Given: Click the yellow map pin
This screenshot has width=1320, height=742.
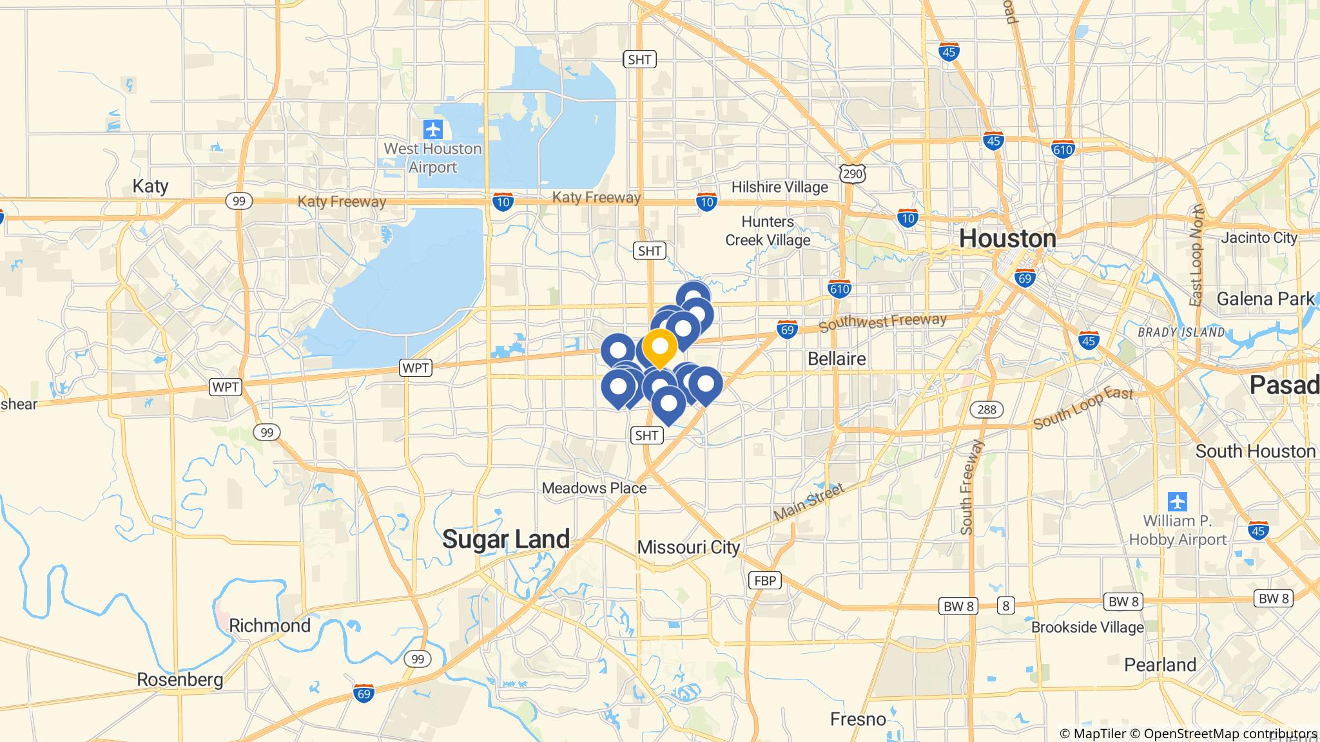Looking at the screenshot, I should click(659, 347).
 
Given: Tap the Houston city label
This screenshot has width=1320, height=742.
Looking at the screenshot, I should click(1007, 239).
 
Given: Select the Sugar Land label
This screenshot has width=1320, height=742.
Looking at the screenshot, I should click(506, 539).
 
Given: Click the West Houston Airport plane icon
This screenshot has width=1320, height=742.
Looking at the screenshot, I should click(433, 129).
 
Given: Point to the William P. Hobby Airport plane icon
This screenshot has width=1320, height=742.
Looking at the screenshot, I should click(1177, 500).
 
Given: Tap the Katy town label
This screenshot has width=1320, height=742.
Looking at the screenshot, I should click(150, 186).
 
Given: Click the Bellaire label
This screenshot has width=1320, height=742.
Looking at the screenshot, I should click(837, 359).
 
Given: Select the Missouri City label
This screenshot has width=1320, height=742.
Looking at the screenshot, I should click(688, 547).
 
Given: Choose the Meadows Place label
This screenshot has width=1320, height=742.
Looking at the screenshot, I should click(594, 488).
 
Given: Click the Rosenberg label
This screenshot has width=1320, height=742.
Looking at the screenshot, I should click(180, 680).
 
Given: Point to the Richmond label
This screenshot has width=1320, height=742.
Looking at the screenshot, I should click(269, 625).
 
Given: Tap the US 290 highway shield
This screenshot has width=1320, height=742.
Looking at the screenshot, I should click(853, 173).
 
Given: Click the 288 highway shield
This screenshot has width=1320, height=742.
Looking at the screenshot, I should click(986, 409).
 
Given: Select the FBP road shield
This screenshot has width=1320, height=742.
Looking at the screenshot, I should click(765, 580).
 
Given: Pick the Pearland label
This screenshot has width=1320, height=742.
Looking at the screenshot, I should click(1160, 665).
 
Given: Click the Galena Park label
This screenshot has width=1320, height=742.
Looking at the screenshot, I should click(1265, 299).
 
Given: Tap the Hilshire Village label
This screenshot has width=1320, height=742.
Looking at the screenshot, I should click(779, 187).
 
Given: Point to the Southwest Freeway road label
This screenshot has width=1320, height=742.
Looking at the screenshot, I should click(882, 322).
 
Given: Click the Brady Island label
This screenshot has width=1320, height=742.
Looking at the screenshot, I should click(1181, 332).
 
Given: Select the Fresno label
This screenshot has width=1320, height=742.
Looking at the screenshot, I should click(858, 719).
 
